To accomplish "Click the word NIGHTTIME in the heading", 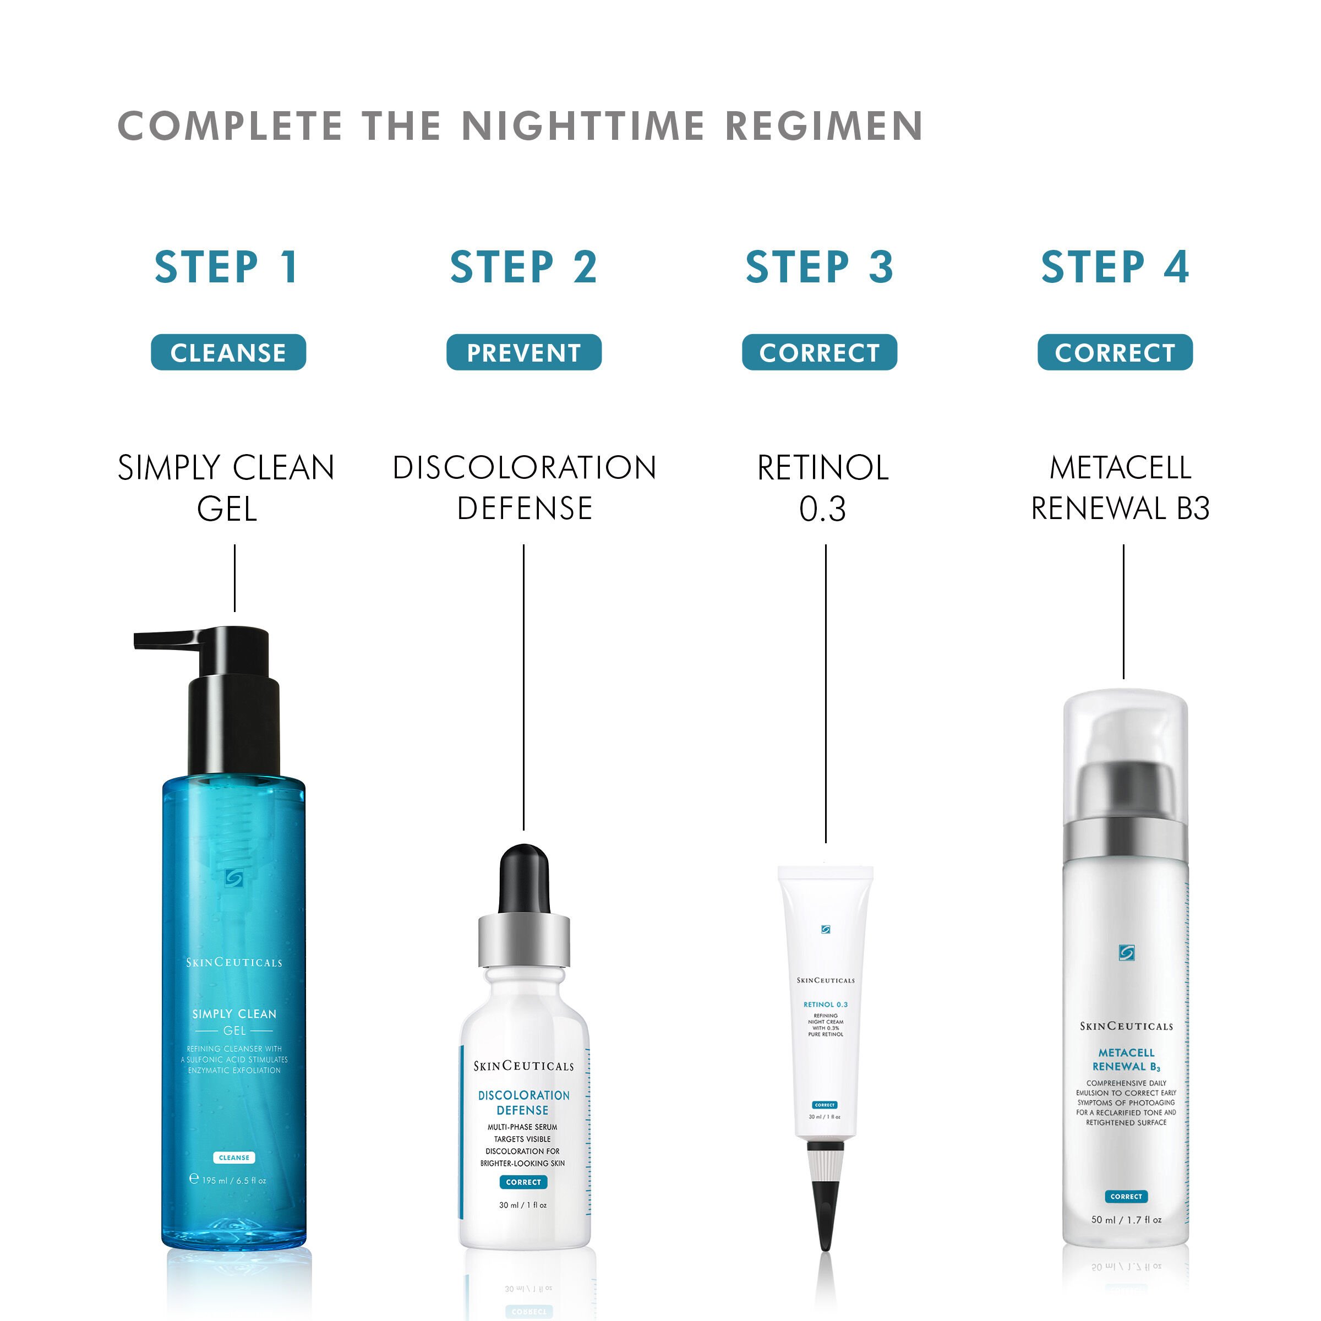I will [x=583, y=127].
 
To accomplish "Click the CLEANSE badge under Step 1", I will [x=228, y=353].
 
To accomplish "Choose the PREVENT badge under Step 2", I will [x=524, y=353].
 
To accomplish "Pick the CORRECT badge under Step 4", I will [x=1115, y=353].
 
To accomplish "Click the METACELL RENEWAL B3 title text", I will [x=1120, y=488].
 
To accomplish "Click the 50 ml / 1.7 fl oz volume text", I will [x=1126, y=1219].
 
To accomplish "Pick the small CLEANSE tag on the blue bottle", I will [x=234, y=1158].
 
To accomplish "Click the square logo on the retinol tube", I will [x=825, y=929].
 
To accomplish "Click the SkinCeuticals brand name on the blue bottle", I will [x=234, y=963].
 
